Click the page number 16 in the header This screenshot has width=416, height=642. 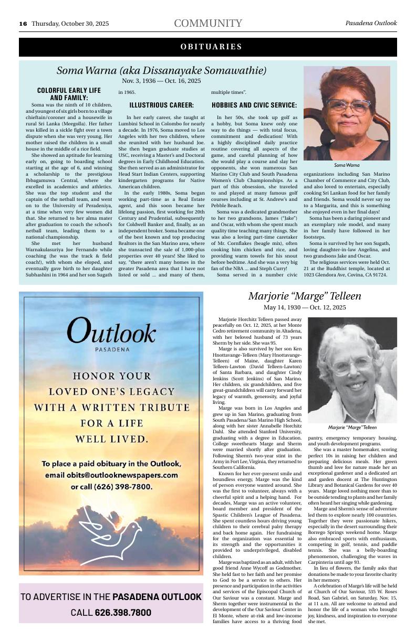[23, 24]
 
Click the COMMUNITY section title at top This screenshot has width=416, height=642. [208, 23]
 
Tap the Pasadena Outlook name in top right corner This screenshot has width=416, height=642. [371, 23]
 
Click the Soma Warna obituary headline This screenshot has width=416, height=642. [161, 70]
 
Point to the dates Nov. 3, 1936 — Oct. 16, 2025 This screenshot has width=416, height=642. [161, 81]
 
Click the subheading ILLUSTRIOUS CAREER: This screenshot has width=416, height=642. [161, 105]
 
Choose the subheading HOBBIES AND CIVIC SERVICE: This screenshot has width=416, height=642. [254, 105]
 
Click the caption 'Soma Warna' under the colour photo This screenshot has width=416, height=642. [347, 165]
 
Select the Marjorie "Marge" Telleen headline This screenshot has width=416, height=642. [305, 296]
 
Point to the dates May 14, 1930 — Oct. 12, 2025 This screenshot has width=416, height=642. [305, 307]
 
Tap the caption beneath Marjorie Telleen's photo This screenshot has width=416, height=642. [352, 427]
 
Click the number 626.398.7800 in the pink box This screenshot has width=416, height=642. [123, 613]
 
